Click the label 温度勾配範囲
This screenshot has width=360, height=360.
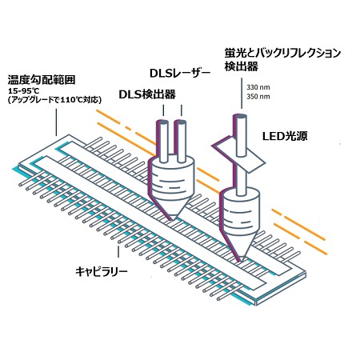[x=42, y=80]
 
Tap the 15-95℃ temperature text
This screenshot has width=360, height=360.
[x=24, y=91]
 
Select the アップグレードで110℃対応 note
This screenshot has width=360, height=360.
[x=54, y=100]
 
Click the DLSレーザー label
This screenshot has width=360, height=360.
[x=180, y=74]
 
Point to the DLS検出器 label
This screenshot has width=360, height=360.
[x=147, y=94]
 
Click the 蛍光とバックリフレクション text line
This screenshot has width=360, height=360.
[x=282, y=53]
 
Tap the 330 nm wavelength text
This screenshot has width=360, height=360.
[x=258, y=87]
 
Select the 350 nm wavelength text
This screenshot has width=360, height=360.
[x=258, y=96]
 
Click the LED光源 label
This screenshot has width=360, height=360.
[x=285, y=136]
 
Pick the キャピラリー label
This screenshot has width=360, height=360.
[x=102, y=272]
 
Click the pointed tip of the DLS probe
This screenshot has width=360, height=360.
[x=171, y=219]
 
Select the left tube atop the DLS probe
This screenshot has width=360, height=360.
[x=162, y=142]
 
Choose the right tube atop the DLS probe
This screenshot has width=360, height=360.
[x=181, y=142]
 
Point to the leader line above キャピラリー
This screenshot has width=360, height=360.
[x=118, y=252]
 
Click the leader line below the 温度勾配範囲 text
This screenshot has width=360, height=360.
[x=56, y=122]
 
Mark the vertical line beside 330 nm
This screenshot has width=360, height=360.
[x=242, y=94]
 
